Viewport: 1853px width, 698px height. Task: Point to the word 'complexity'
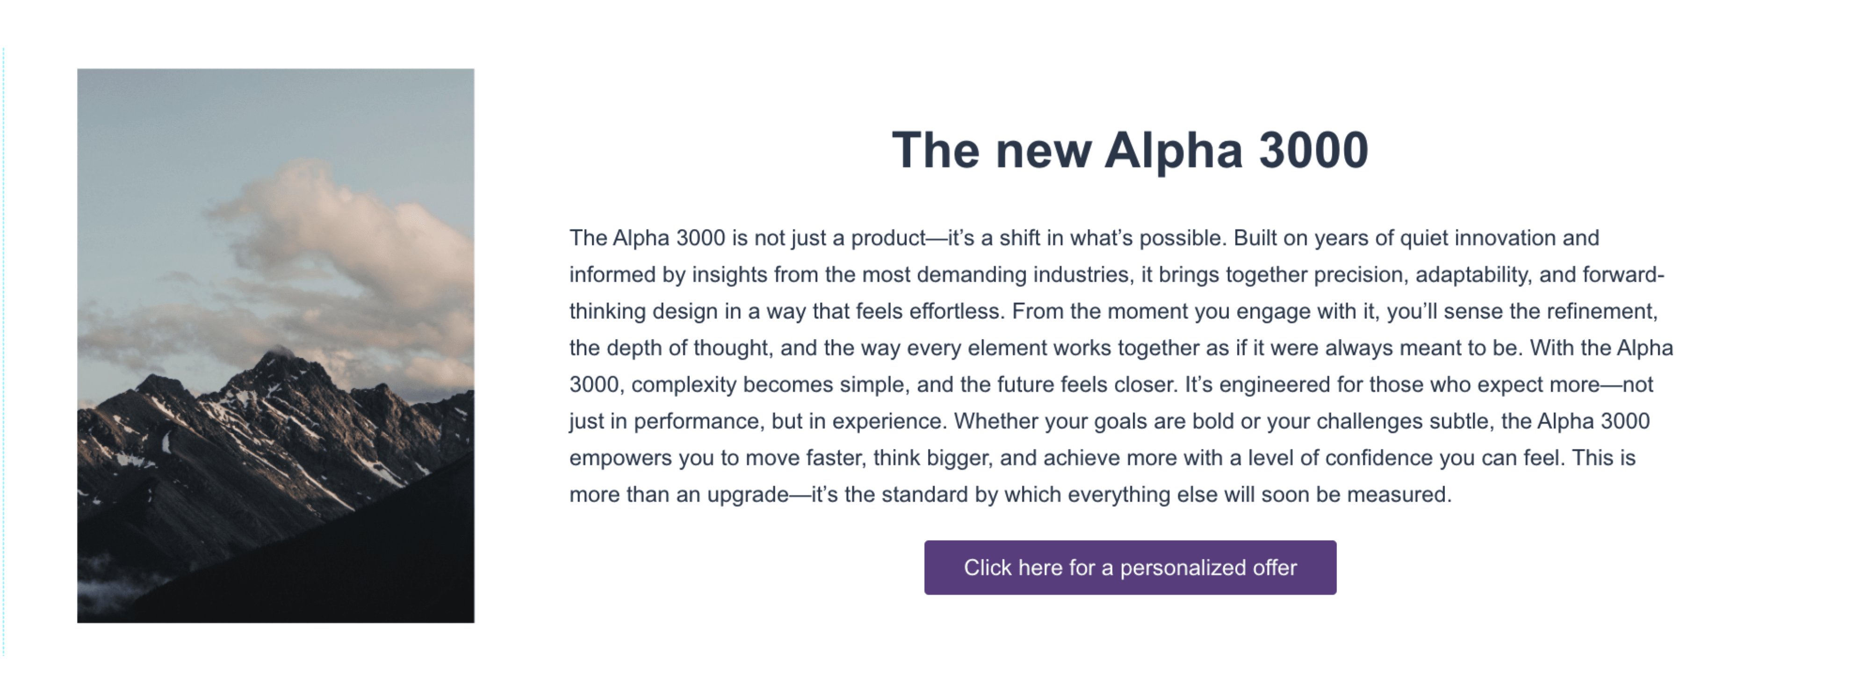point(684,385)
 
